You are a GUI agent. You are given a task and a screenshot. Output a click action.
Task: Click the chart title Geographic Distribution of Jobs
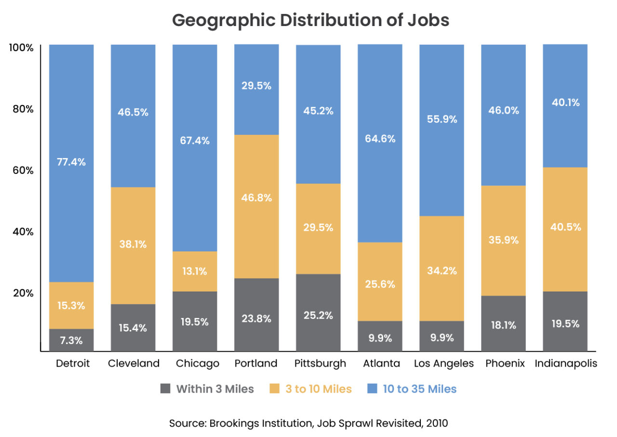click(310, 20)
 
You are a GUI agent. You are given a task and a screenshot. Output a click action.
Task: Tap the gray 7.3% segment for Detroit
click(71, 340)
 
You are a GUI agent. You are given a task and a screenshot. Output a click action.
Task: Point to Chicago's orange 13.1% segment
click(195, 271)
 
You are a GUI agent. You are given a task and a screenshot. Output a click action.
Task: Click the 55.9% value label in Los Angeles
click(442, 119)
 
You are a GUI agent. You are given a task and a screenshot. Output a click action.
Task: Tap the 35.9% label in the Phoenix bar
click(503, 239)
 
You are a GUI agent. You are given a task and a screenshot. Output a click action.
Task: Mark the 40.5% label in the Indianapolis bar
click(565, 226)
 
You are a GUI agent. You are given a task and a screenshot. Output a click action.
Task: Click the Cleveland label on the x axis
click(134, 363)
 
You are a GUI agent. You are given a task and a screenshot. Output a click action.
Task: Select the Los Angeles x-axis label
click(444, 363)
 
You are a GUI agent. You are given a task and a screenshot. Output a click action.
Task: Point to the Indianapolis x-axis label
click(566, 363)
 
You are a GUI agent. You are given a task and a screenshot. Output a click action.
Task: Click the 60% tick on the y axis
click(23, 171)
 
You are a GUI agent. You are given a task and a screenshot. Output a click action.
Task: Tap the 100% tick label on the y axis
click(21, 48)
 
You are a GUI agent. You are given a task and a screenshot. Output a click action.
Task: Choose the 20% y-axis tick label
click(23, 293)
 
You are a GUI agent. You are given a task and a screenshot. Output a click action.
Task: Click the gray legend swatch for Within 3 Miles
click(165, 388)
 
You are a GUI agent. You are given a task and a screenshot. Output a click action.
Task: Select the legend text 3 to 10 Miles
click(319, 389)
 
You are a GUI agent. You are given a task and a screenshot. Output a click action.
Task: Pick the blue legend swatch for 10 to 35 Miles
click(372, 388)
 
